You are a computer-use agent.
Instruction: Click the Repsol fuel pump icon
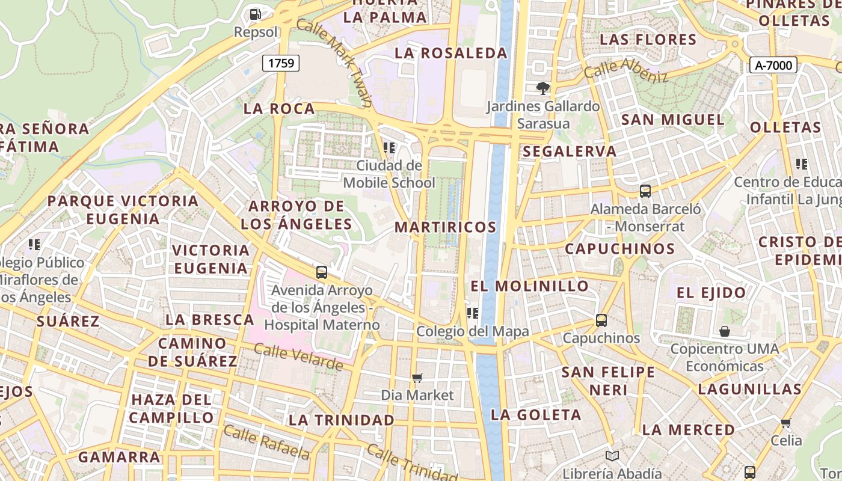pyautogui.click(x=256, y=14)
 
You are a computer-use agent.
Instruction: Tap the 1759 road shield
pyautogui.click(x=281, y=63)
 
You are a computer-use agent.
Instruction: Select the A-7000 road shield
pyautogui.click(x=773, y=65)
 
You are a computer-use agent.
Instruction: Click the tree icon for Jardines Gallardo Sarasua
pyautogui.click(x=543, y=88)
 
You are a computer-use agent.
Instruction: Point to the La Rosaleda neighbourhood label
pyautogui.click(x=451, y=53)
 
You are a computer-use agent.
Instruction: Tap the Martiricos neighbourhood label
pyautogui.click(x=446, y=227)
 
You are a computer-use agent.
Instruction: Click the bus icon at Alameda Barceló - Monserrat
pyautogui.click(x=645, y=191)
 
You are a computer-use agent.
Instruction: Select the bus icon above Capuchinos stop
pyautogui.click(x=601, y=320)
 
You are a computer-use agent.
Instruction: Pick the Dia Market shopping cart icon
pyautogui.click(x=417, y=378)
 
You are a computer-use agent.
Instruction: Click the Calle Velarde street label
pyautogui.click(x=298, y=357)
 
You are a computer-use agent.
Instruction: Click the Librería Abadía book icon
pyautogui.click(x=612, y=456)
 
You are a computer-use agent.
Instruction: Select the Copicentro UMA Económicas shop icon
pyautogui.click(x=725, y=331)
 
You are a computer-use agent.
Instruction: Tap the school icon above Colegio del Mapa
pyautogui.click(x=473, y=313)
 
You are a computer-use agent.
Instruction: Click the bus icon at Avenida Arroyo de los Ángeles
pyautogui.click(x=322, y=272)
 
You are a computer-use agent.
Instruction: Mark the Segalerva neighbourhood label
pyautogui.click(x=570, y=152)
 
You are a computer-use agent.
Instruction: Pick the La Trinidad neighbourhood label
pyautogui.click(x=342, y=420)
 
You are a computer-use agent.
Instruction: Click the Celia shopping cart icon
pyautogui.click(x=786, y=423)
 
